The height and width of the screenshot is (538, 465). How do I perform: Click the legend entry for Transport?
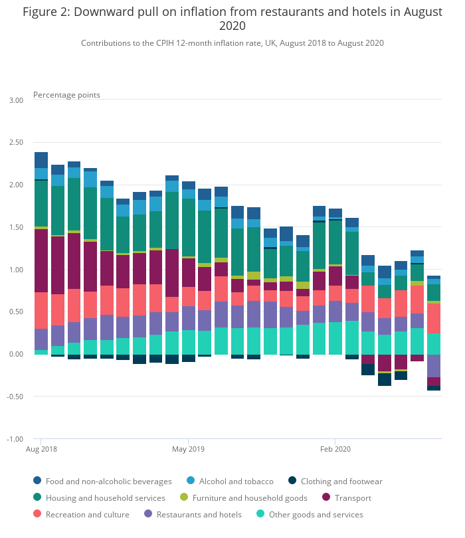347,497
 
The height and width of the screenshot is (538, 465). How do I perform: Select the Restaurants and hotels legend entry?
193,514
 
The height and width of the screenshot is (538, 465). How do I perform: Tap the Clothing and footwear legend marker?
292,480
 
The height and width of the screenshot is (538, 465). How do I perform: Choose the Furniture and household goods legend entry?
244,497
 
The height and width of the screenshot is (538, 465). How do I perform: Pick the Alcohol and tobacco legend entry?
230,481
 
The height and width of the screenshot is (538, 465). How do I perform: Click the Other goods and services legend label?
316,514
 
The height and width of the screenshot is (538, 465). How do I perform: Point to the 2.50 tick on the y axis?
16,142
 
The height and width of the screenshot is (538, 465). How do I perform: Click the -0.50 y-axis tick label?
15,397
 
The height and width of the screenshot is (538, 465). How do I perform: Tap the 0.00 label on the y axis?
16,354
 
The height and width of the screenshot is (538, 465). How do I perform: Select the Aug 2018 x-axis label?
41,449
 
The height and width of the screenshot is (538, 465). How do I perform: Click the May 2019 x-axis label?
188,449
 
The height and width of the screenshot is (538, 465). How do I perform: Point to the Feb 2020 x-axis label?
335,449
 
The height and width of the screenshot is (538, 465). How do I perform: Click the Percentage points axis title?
66,95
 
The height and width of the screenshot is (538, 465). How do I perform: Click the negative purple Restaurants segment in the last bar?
434,366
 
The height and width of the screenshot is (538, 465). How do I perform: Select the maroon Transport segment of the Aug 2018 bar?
41,260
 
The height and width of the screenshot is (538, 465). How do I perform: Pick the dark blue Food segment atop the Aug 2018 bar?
41,160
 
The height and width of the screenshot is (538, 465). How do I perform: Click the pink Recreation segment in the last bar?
434,318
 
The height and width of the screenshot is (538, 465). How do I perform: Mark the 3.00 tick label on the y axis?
16,100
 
